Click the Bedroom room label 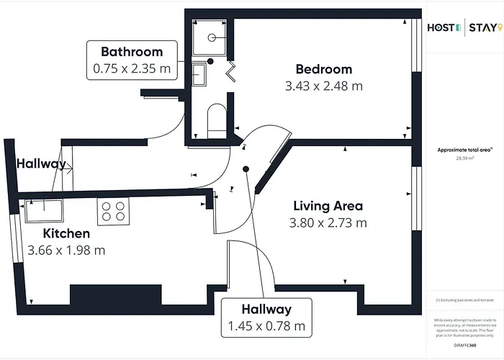[x=324, y=69]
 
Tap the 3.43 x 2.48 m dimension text [x=324, y=86]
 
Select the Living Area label [x=328, y=206]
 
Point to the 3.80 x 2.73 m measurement [x=328, y=222]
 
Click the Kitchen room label [x=66, y=233]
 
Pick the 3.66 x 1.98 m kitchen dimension [x=66, y=251]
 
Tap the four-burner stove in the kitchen [x=112, y=210]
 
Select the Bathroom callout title [x=132, y=52]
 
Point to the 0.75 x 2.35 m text [x=132, y=69]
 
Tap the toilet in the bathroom [x=215, y=120]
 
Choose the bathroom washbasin [x=200, y=73]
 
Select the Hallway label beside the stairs [x=40, y=163]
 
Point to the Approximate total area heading [x=464, y=150]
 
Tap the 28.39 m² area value [x=464, y=158]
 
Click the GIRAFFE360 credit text [x=464, y=346]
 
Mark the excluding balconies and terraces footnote [x=464, y=300]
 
